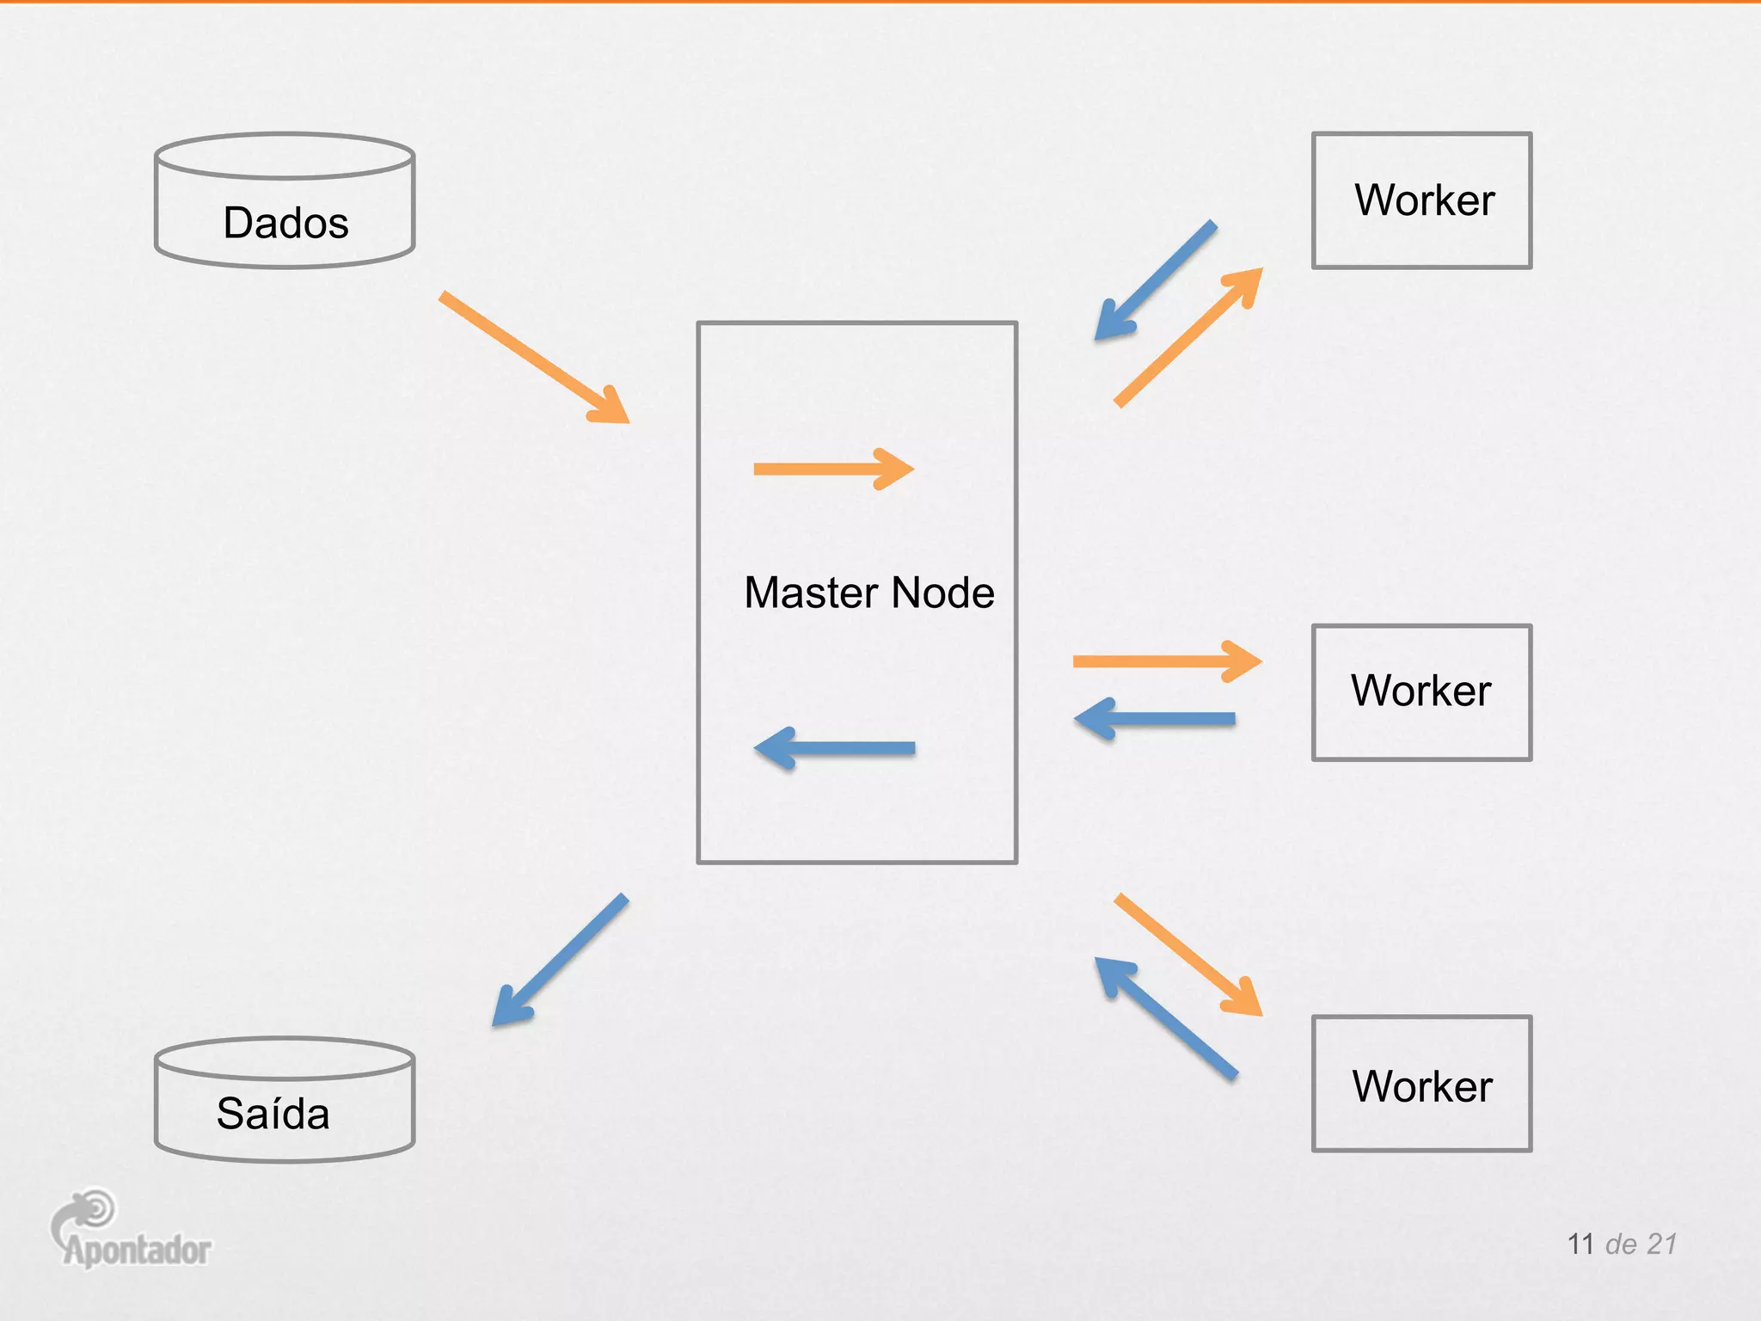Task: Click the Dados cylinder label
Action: (x=285, y=223)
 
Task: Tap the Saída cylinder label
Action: (x=273, y=1114)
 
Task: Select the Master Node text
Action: (x=868, y=593)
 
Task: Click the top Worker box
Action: (x=1421, y=200)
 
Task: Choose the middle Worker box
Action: (x=1421, y=691)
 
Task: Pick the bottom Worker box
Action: (x=1421, y=1084)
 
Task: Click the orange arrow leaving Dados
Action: (x=533, y=357)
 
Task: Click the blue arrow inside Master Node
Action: (x=834, y=748)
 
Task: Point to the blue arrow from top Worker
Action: (x=1157, y=280)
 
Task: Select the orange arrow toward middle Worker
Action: (x=1165, y=661)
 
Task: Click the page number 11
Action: (x=1580, y=1244)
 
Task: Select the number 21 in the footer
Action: (x=1661, y=1244)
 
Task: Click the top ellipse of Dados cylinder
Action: (x=285, y=156)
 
